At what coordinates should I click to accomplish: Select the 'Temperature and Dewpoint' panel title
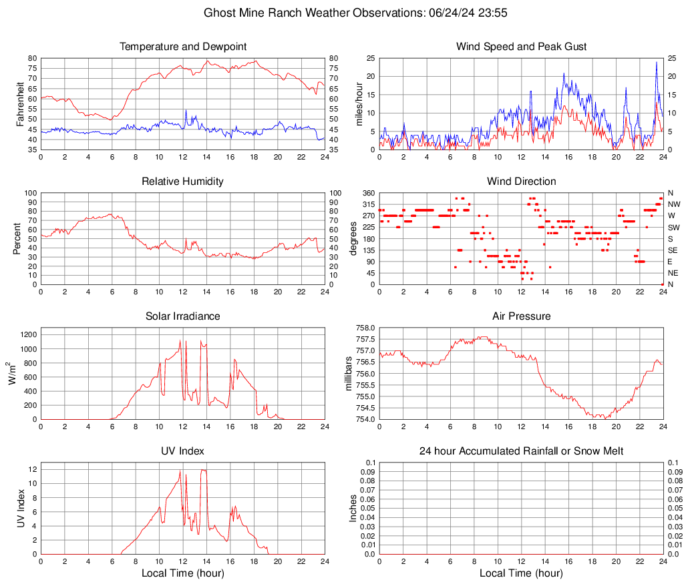tap(183, 47)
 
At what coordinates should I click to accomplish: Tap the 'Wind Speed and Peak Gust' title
tap(522, 47)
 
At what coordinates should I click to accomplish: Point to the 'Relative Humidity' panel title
tap(183, 182)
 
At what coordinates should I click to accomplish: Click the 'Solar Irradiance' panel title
tap(183, 316)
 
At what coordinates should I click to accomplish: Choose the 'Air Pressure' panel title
tap(522, 316)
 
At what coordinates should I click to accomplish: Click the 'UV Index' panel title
tap(183, 451)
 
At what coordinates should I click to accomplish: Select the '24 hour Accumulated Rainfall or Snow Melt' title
tap(522, 451)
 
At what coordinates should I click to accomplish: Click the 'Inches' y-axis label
tap(353, 508)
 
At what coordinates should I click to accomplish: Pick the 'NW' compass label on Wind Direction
tap(674, 204)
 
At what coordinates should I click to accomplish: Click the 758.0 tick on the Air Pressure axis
tap(365, 328)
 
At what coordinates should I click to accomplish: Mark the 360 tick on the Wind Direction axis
tap(368, 193)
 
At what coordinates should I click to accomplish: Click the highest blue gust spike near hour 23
tap(657, 62)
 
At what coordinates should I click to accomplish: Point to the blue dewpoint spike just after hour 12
tap(186, 110)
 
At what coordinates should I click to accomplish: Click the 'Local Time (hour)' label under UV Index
tap(183, 573)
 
